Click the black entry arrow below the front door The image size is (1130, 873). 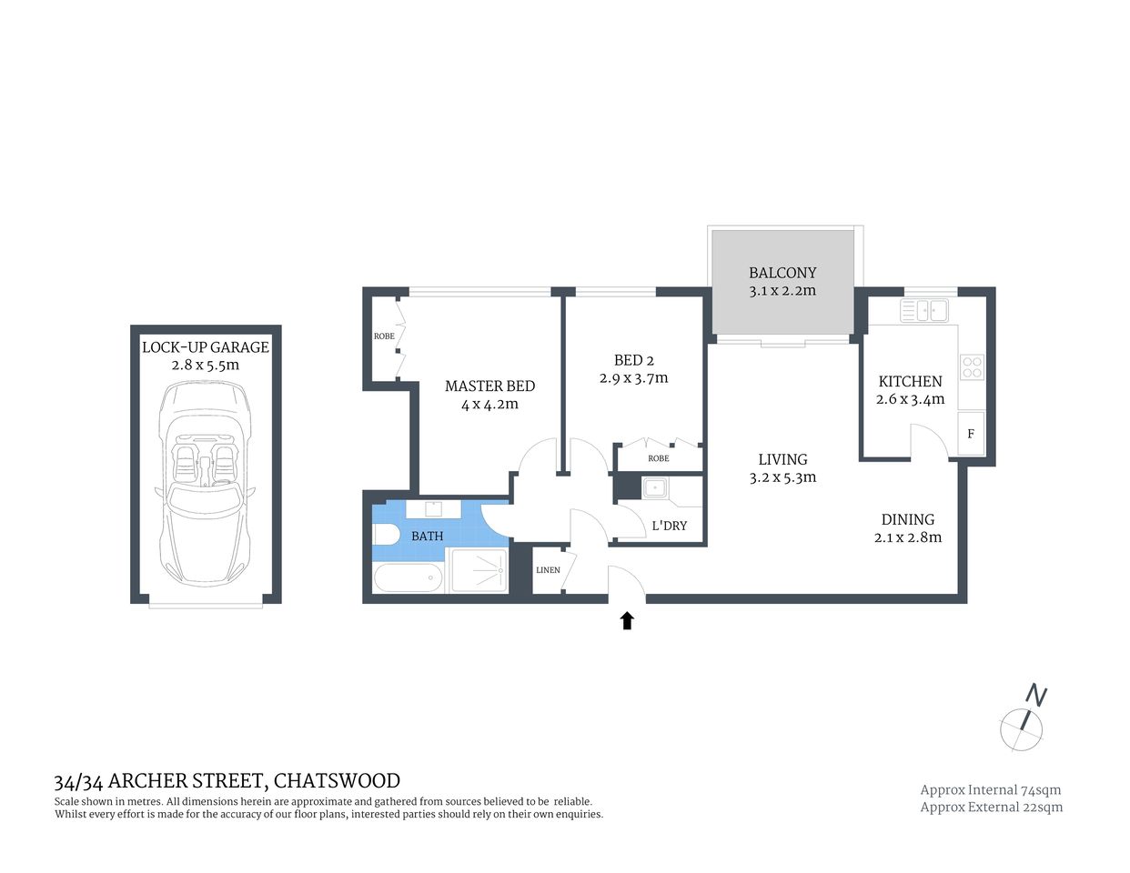coord(627,620)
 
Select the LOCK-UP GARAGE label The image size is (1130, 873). coord(206,346)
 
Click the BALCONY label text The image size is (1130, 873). coord(782,272)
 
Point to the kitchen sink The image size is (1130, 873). coord(924,311)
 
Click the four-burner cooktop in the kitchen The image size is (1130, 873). coord(972,366)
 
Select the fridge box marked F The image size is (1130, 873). coord(971,434)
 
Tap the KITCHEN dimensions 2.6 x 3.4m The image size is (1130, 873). coord(910,399)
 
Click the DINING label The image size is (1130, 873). coord(907,519)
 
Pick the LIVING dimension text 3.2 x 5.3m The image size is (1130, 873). coord(782,477)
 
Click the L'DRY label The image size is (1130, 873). coord(670,526)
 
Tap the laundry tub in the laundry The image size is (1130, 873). coord(654,489)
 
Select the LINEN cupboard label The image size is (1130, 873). coord(548,569)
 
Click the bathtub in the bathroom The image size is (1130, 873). coord(408,578)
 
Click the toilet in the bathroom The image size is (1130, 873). coord(384,537)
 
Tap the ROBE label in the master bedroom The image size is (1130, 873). coord(384,336)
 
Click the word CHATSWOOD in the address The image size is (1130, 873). coord(337,780)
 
